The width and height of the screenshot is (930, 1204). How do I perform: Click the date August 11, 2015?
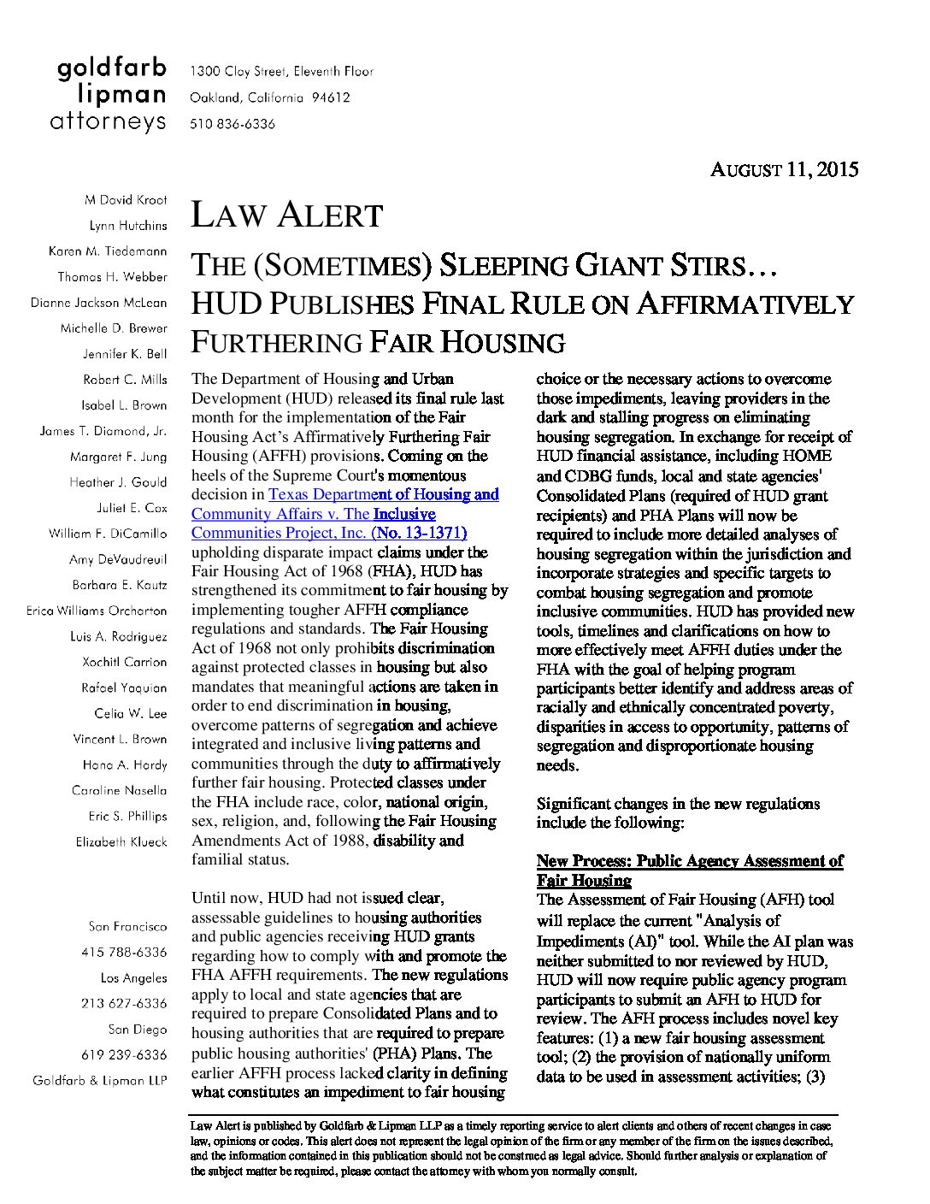point(784,169)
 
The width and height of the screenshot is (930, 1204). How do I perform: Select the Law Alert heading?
point(286,215)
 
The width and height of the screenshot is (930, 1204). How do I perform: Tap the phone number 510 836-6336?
point(232,124)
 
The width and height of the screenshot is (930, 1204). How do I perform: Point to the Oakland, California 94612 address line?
point(269,97)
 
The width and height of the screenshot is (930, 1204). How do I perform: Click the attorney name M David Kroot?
point(126,200)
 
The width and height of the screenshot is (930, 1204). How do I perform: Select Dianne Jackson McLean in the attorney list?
point(99,303)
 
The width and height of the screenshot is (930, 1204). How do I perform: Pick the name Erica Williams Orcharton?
point(97,611)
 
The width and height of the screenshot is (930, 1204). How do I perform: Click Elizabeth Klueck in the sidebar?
point(121,841)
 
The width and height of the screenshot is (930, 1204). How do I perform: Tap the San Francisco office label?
point(127,926)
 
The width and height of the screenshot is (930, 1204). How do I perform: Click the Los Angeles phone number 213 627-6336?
point(124,1003)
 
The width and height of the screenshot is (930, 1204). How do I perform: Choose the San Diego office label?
point(137,1029)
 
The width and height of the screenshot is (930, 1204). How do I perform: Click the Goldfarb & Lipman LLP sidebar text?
point(100,1080)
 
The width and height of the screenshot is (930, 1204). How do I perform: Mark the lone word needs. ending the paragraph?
point(556,765)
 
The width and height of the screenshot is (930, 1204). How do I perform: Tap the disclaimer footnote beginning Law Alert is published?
point(511,1148)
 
